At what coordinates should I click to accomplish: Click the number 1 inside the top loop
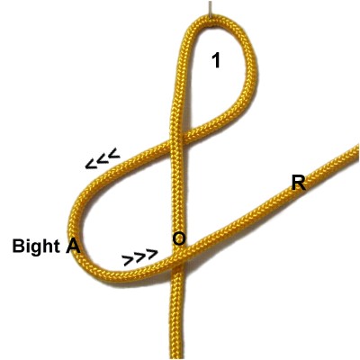(x=216, y=60)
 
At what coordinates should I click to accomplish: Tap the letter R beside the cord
(x=299, y=183)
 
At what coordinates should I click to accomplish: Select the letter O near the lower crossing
(x=179, y=238)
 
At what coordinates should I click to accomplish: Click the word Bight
(x=36, y=246)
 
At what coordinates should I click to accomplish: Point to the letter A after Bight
(x=73, y=247)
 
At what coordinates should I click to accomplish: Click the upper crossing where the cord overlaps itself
(x=177, y=139)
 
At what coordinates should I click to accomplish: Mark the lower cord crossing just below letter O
(x=179, y=260)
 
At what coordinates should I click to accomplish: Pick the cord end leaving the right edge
(x=354, y=152)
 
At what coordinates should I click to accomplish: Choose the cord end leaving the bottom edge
(x=178, y=354)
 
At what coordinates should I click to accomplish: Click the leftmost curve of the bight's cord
(x=75, y=228)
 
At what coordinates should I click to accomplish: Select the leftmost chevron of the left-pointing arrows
(x=91, y=165)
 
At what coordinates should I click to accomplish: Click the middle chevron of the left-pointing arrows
(x=103, y=159)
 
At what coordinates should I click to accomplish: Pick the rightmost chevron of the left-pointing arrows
(x=114, y=153)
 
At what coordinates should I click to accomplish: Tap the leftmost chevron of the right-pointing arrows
(x=129, y=261)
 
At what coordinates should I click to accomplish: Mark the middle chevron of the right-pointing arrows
(x=140, y=257)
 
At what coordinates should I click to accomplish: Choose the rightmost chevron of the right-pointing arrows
(x=152, y=254)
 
